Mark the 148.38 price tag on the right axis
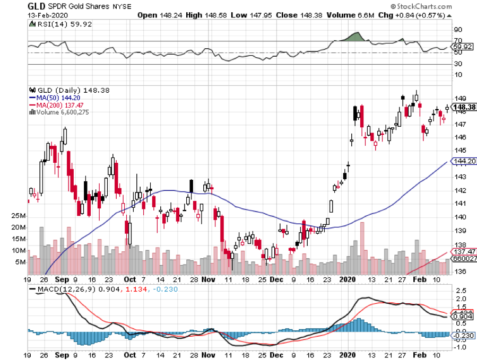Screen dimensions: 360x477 pos(464,107)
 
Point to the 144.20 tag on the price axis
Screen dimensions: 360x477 pos(464,161)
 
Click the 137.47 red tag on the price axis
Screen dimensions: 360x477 pos(464,251)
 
